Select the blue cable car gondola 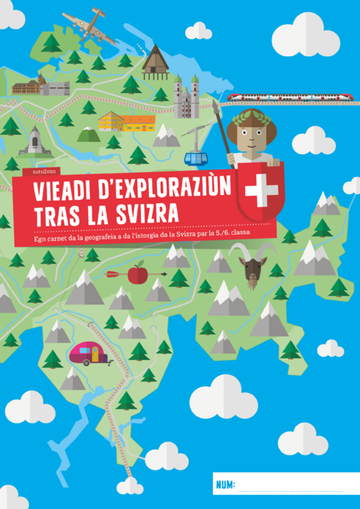pyautogui.click(x=196, y=159)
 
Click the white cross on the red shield pyautogui.click(x=261, y=192)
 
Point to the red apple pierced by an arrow pyautogui.click(x=137, y=274)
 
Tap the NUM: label pyautogui.click(x=226, y=485)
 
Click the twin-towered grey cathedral pyautogui.click(x=186, y=96)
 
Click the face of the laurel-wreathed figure pyautogui.click(x=248, y=139)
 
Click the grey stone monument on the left pyautogui.click(x=34, y=140)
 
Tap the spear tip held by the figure pyautogui.click(x=217, y=109)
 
